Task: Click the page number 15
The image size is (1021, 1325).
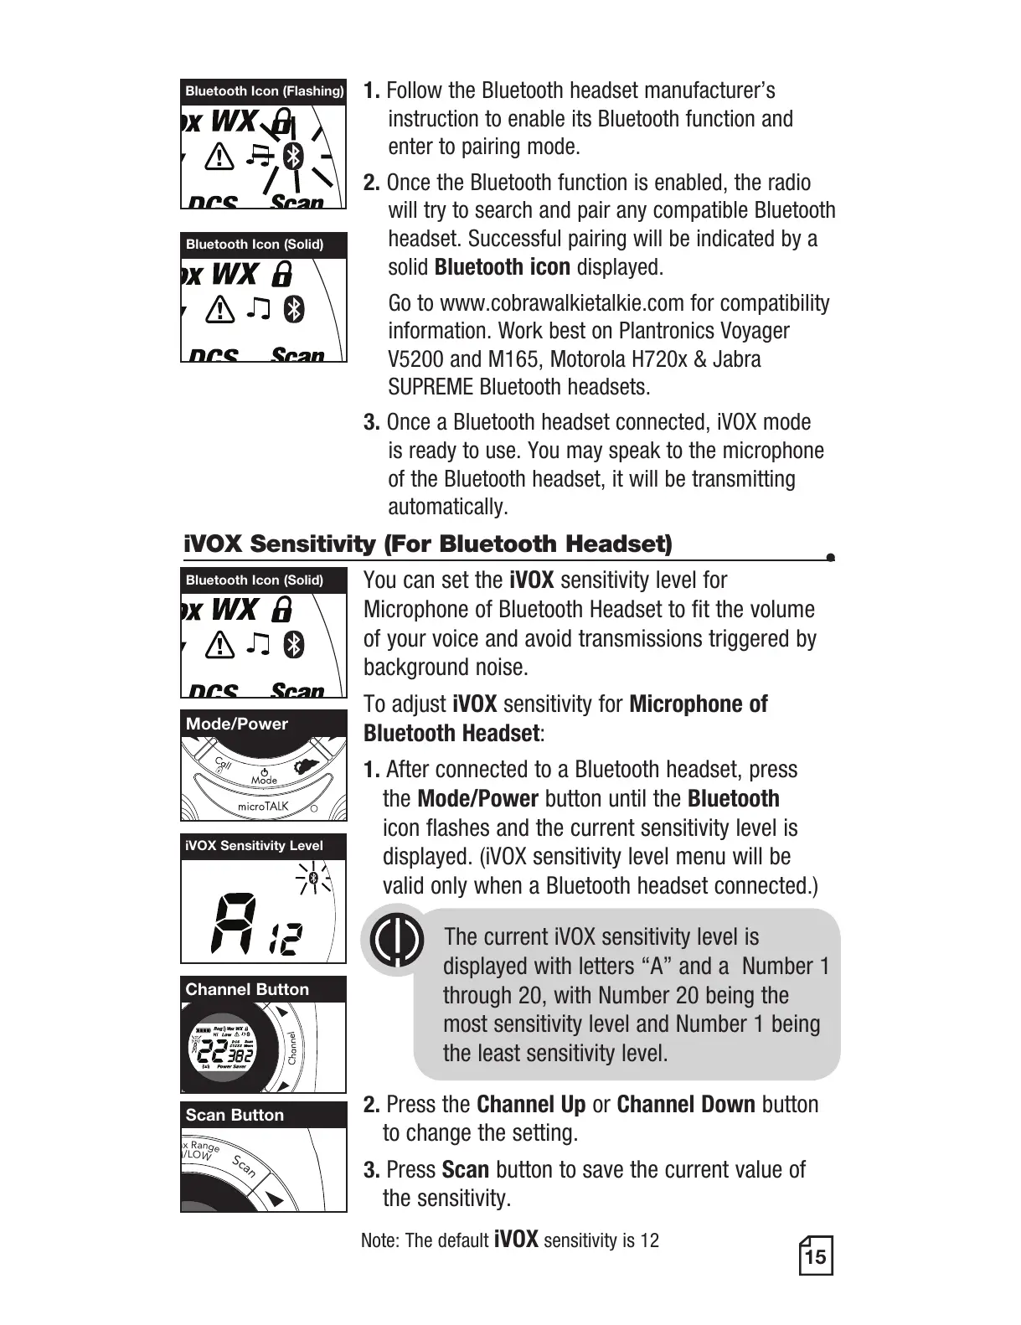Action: coord(815,1257)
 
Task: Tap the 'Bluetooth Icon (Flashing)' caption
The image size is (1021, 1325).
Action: coord(264,90)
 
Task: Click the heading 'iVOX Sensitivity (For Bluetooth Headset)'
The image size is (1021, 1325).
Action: coord(427,544)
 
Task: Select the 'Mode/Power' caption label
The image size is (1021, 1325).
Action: coord(237,724)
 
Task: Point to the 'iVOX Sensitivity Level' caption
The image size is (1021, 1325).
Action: coord(254,846)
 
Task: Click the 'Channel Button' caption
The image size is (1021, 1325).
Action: coord(247,989)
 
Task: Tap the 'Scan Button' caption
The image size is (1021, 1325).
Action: coord(235,1115)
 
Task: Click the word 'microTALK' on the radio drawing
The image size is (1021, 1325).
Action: coord(263,806)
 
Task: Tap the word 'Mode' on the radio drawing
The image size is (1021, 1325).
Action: coord(264,780)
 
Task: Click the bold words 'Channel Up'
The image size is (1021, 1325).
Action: coord(531,1105)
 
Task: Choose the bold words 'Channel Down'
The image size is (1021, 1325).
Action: coord(686,1105)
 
